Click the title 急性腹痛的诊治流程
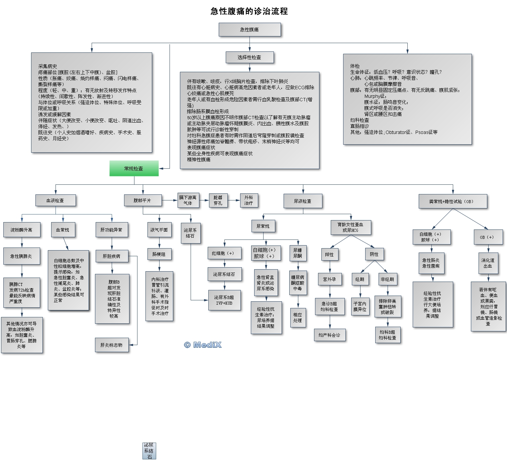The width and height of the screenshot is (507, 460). coord(249,11)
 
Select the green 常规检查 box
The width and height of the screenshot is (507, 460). coord(134,168)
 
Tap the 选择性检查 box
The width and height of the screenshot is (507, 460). coord(249,57)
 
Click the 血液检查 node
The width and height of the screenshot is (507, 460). coord(55,200)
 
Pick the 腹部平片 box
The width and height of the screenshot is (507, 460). coord(142,200)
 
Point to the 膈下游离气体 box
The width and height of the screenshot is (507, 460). coord(188,200)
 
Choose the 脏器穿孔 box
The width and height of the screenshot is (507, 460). coord(218,200)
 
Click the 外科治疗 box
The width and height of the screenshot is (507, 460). coord(248,200)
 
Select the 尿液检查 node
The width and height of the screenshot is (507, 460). coord(303,201)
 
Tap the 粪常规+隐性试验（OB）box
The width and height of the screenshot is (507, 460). coord(452,201)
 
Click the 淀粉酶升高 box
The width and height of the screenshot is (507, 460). coord(22,230)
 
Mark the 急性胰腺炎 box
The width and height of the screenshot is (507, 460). coord(21,256)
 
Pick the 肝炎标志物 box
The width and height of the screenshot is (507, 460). coord(111,345)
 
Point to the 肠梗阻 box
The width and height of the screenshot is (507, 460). coord(159,254)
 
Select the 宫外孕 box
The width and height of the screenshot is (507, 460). coord(329,279)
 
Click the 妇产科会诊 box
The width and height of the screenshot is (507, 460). coord(329,335)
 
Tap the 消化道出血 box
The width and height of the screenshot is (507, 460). coord(488,263)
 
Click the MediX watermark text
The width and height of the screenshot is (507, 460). coord(203,345)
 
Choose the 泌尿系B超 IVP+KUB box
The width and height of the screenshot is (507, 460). coord(224,300)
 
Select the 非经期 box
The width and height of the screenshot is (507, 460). coord(387,279)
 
